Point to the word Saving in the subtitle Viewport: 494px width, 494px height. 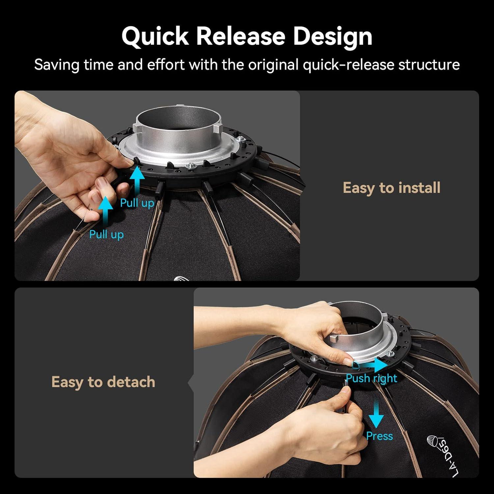pyautogui.click(x=57, y=65)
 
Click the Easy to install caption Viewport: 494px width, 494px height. pyautogui.click(x=391, y=188)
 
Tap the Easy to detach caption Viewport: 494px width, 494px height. pyautogui.click(x=103, y=382)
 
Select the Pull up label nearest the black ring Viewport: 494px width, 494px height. pyautogui.click(x=137, y=203)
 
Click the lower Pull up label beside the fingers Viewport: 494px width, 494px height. pyautogui.click(x=106, y=234)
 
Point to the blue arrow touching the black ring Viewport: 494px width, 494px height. pyautogui.click(x=137, y=181)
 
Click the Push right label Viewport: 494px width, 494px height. pyautogui.click(x=371, y=378)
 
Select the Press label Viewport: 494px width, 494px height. pyautogui.click(x=379, y=436)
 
